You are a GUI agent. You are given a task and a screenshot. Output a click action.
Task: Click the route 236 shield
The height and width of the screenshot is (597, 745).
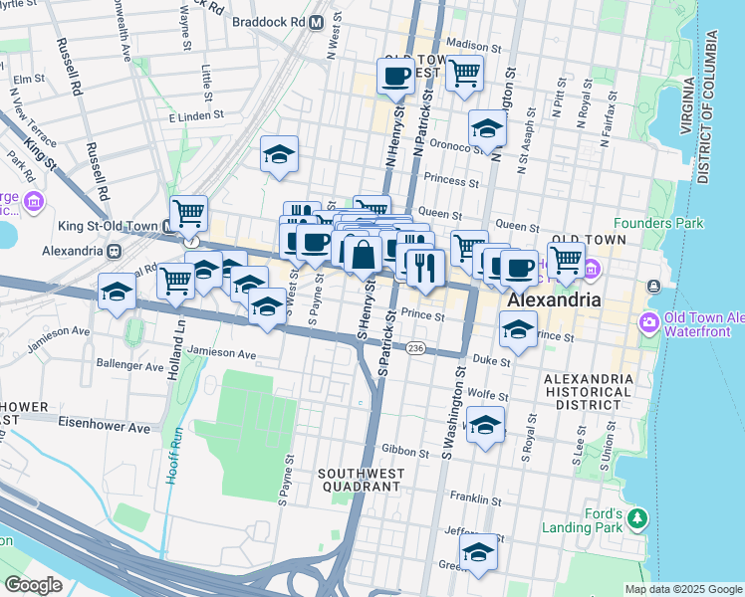click(416, 347)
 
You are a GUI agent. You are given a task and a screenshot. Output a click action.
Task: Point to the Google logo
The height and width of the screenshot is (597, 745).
click(34, 585)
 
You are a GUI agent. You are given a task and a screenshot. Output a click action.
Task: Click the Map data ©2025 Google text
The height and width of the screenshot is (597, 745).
click(682, 589)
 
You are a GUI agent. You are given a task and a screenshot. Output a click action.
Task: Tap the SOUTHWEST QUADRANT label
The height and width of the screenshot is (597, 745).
click(359, 480)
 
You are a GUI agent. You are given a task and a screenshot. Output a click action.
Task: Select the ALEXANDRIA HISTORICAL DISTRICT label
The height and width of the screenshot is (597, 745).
click(588, 392)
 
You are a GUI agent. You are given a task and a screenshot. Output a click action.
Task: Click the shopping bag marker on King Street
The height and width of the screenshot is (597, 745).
click(364, 254)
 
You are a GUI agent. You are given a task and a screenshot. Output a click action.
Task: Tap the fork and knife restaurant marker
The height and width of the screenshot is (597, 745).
click(425, 267)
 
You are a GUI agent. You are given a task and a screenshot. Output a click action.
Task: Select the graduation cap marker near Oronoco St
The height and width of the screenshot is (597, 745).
click(487, 127)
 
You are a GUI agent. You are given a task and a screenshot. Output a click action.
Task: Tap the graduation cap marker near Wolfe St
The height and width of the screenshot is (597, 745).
click(485, 425)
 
